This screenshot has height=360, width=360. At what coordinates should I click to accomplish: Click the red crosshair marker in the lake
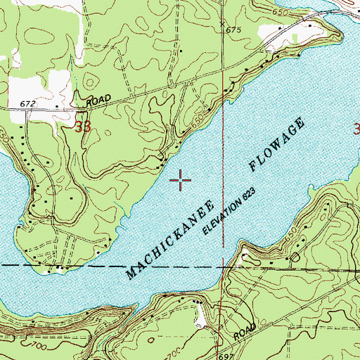(181, 181)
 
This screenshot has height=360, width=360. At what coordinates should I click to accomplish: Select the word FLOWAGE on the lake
(278, 147)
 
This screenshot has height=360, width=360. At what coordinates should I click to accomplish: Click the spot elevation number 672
(27, 104)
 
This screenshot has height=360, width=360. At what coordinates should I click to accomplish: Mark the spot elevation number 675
(233, 32)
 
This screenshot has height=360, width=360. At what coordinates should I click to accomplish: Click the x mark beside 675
(223, 24)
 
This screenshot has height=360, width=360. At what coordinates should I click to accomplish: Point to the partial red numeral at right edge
(356, 129)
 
